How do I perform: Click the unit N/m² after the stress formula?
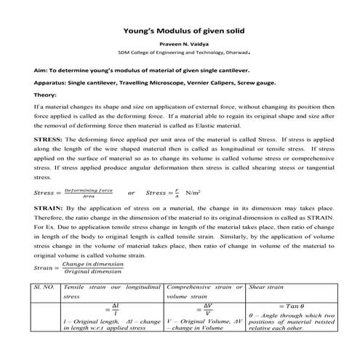(193, 193)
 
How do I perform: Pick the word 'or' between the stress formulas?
(131, 193)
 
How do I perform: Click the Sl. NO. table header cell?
(47, 288)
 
